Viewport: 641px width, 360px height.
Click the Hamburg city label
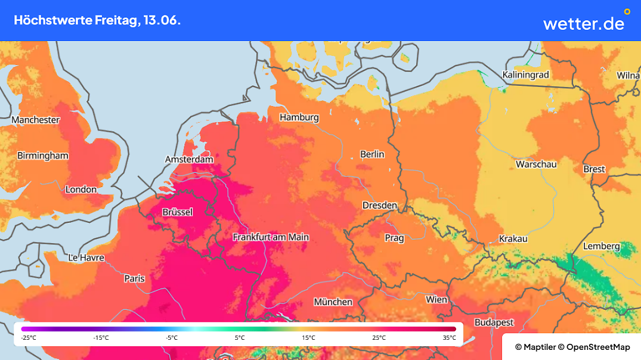tap(299, 117)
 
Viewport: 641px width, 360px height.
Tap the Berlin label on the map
tap(372, 154)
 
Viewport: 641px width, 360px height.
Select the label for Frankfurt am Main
tap(271, 237)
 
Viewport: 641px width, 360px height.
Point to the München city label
tap(333, 302)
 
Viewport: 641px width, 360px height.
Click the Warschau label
tap(536, 164)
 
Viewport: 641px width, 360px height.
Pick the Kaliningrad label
tap(525, 75)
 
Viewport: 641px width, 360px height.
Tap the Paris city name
tap(134, 278)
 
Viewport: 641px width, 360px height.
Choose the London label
tap(80, 190)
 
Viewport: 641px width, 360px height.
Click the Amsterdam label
tap(189, 160)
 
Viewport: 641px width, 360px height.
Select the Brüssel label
tap(178, 212)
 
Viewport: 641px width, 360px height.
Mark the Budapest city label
tap(494, 322)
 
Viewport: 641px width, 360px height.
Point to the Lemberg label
tap(601, 246)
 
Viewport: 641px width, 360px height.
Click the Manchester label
tap(36, 120)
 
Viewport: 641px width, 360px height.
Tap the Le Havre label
tap(86, 258)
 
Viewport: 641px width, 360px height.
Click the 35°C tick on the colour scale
tap(449, 338)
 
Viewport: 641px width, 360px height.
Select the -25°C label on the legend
tap(29, 338)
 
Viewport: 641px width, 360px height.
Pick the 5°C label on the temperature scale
tap(239, 338)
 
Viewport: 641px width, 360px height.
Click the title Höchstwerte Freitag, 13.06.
tap(97, 20)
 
